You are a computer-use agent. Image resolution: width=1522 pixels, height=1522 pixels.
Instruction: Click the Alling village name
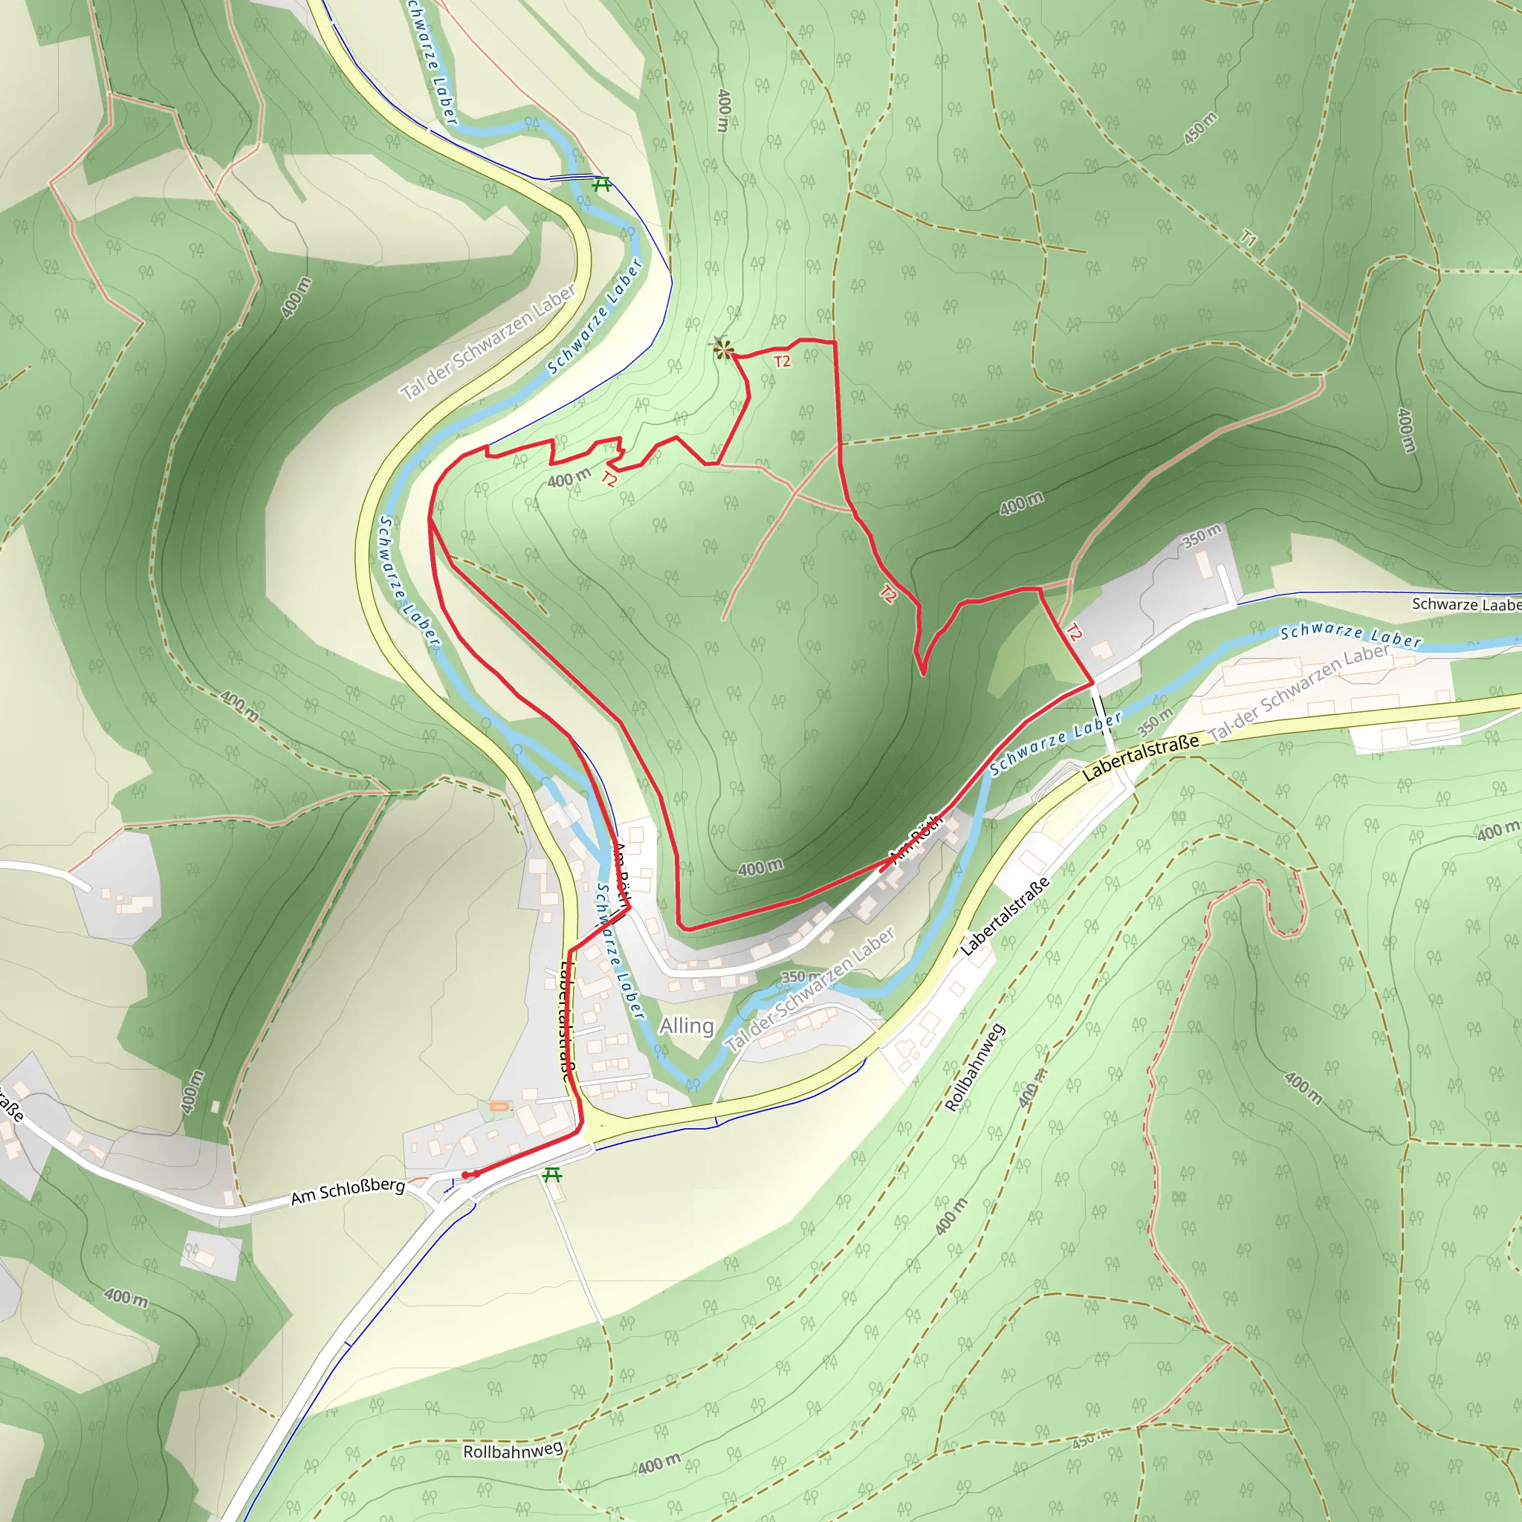686,1026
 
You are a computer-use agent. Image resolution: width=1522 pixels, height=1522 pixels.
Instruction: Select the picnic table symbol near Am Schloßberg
552,1176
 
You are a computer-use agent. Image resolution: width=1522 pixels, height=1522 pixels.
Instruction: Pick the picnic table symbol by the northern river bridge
602,184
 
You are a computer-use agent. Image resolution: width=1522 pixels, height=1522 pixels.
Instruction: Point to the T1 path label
1248,237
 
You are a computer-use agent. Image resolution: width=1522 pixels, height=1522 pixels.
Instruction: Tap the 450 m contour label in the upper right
1199,129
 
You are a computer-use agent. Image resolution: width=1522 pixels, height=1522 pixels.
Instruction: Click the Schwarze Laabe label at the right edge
1466,604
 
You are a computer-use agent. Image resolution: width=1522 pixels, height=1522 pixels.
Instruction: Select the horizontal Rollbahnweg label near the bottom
513,1451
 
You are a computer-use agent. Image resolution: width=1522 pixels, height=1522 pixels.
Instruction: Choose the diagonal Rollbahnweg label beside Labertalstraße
975,1066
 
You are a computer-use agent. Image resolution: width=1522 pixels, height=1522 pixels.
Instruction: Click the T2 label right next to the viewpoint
782,362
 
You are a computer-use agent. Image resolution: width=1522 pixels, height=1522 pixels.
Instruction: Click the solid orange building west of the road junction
499,1107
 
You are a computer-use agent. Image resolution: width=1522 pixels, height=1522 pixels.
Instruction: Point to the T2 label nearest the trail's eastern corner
1074,632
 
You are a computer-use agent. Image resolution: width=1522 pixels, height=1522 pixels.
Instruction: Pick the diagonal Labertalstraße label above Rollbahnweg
1005,917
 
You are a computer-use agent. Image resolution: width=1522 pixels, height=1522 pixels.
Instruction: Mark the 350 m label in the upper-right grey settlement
1201,536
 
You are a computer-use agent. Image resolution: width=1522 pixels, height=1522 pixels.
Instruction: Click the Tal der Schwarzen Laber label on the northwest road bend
488,343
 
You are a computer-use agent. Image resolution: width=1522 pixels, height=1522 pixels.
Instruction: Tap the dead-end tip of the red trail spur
923,674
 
